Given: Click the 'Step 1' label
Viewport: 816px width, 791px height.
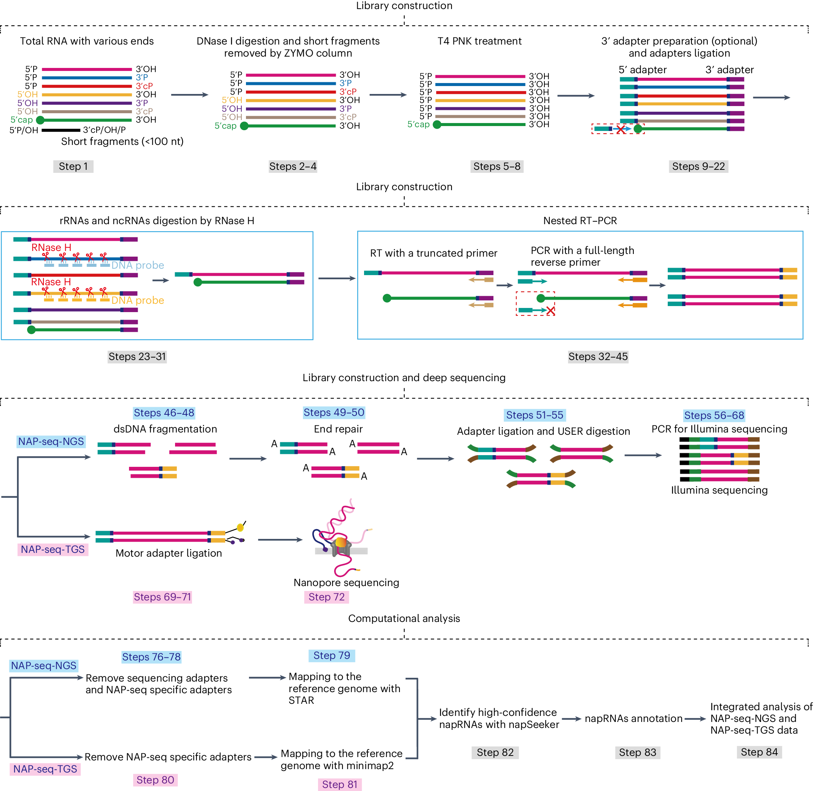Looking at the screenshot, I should pyautogui.click(x=73, y=166).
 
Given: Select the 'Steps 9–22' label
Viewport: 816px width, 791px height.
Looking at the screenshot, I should pyautogui.click(x=698, y=166).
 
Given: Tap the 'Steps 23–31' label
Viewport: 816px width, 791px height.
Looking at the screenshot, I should pyautogui.click(x=137, y=357).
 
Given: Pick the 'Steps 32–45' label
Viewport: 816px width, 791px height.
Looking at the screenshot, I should pyautogui.click(x=598, y=357).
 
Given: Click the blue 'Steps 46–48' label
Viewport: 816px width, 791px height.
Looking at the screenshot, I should pyautogui.click(x=164, y=413).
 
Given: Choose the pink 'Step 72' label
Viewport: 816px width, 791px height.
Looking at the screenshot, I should pyautogui.click(x=326, y=597).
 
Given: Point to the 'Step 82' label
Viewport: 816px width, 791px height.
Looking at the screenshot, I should pyautogui.click(x=495, y=752).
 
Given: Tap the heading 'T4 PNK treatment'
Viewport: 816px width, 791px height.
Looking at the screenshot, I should pyautogui.click(x=479, y=41).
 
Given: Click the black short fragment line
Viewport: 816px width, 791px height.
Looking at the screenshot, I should pyautogui.click(x=61, y=130).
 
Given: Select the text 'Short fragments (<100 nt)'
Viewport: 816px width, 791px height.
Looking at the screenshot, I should pyautogui.click(x=122, y=142).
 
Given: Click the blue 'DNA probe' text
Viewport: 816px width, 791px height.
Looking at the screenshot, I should pyautogui.click(x=137, y=265).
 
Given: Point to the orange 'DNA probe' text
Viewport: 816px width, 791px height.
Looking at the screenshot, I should pyautogui.click(x=137, y=300).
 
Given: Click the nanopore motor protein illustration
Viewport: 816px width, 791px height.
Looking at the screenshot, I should pyautogui.click(x=341, y=545).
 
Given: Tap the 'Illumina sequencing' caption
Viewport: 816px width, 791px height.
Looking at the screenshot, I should pyautogui.click(x=719, y=490).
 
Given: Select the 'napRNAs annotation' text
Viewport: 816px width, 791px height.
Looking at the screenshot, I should pyautogui.click(x=633, y=719).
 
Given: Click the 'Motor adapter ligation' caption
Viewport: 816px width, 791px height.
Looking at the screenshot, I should pyautogui.click(x=169, y=553).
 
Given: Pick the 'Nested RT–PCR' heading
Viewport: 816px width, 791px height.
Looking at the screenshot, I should pyautogui.click(x=580, y=221).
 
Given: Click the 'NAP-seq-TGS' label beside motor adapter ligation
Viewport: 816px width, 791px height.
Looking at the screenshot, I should pyautogui.click(x=53, y=549).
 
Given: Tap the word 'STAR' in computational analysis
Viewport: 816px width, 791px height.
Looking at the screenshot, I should pyautogui.click(x=301, y=700).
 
